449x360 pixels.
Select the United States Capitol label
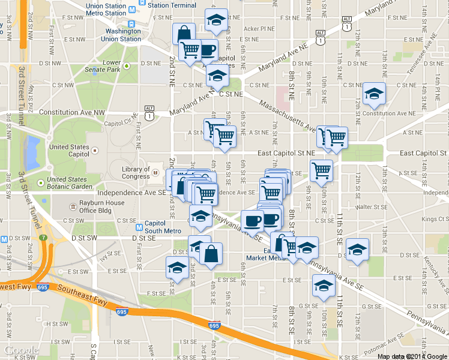tap(69, 150)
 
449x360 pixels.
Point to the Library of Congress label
tap(136, 173)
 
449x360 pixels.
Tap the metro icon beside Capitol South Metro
tap(139, 227)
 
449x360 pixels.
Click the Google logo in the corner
tap(22, 350)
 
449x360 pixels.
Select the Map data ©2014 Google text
tap(412, 356)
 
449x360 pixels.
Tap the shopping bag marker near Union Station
tap(183, 34)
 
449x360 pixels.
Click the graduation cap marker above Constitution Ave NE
tap(374, 94)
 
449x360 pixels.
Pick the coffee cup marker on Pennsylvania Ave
tap(252, 220)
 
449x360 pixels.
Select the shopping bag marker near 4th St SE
tap(211, 254)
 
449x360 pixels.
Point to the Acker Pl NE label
tap(259, 28)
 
